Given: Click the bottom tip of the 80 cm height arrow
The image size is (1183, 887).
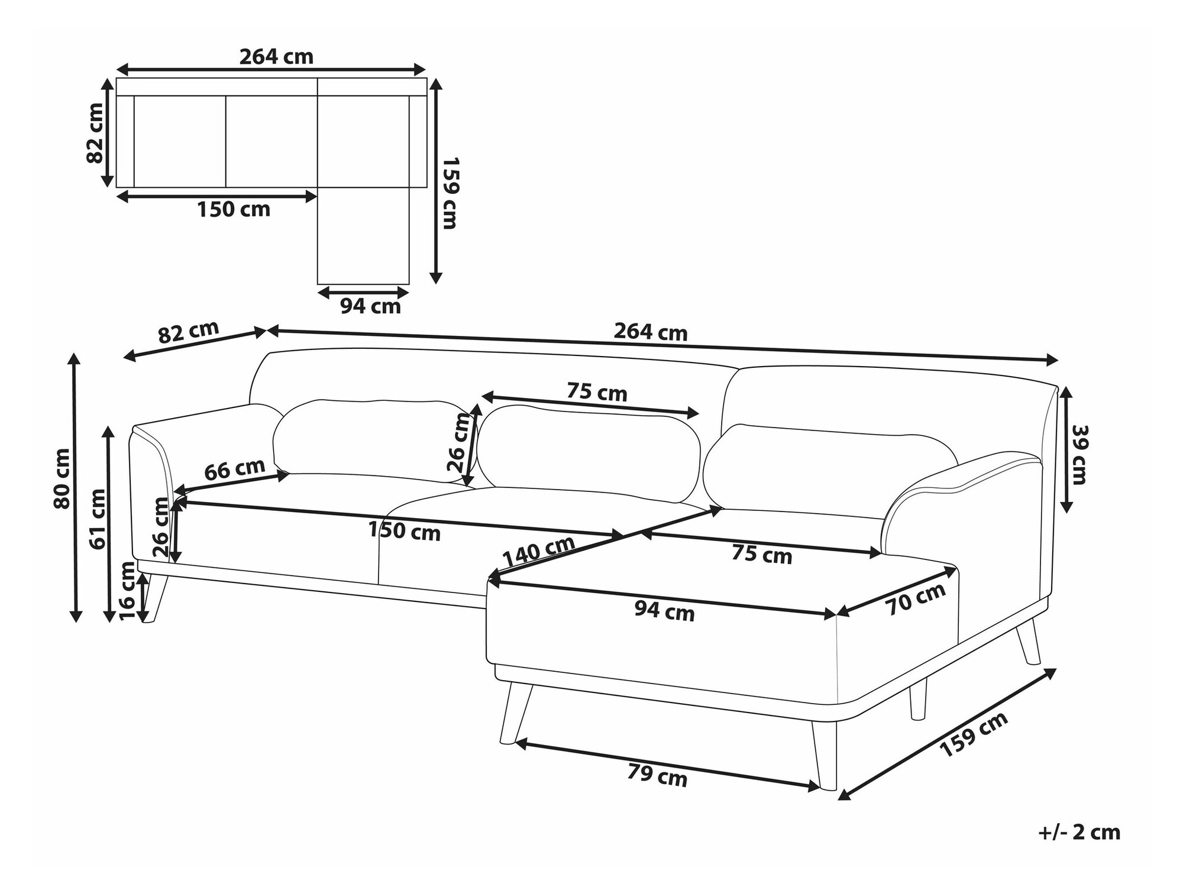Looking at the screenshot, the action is [75, 621].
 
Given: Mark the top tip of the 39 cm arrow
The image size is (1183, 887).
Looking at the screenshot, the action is [1066, 386].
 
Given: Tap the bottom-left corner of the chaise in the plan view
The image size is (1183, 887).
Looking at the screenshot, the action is [318, 284].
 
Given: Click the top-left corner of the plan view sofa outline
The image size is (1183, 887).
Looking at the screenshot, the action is [117, 78].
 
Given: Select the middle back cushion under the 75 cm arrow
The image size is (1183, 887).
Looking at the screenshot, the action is [589, 452].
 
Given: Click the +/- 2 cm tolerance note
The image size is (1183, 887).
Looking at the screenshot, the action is [1079, 832].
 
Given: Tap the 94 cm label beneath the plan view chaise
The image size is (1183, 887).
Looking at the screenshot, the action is [371, 306].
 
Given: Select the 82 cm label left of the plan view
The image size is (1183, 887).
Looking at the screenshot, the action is [95, 133].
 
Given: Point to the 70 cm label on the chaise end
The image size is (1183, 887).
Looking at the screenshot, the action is [915, 600].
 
